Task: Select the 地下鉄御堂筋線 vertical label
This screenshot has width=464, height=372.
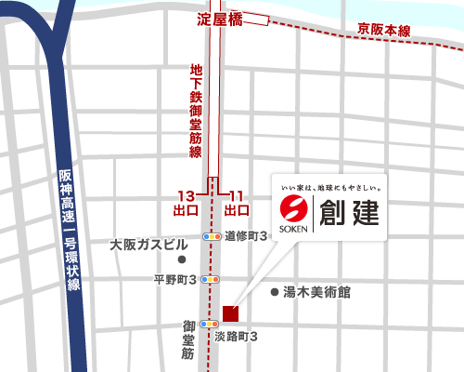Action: point(196,110)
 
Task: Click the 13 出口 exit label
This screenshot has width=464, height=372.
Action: point(187,203)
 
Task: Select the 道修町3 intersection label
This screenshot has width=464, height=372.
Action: point(247,236)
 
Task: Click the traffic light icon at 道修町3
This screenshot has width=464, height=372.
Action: point(213,237)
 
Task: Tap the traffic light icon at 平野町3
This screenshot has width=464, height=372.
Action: point(213,279)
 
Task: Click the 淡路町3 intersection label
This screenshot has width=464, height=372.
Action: point(236,336)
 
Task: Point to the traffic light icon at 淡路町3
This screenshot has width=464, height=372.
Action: point(213,325)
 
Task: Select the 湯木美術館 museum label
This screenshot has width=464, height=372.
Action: point(317,292)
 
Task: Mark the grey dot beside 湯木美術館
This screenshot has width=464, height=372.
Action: point(274,292)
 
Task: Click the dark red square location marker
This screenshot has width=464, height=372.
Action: point(231,312)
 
